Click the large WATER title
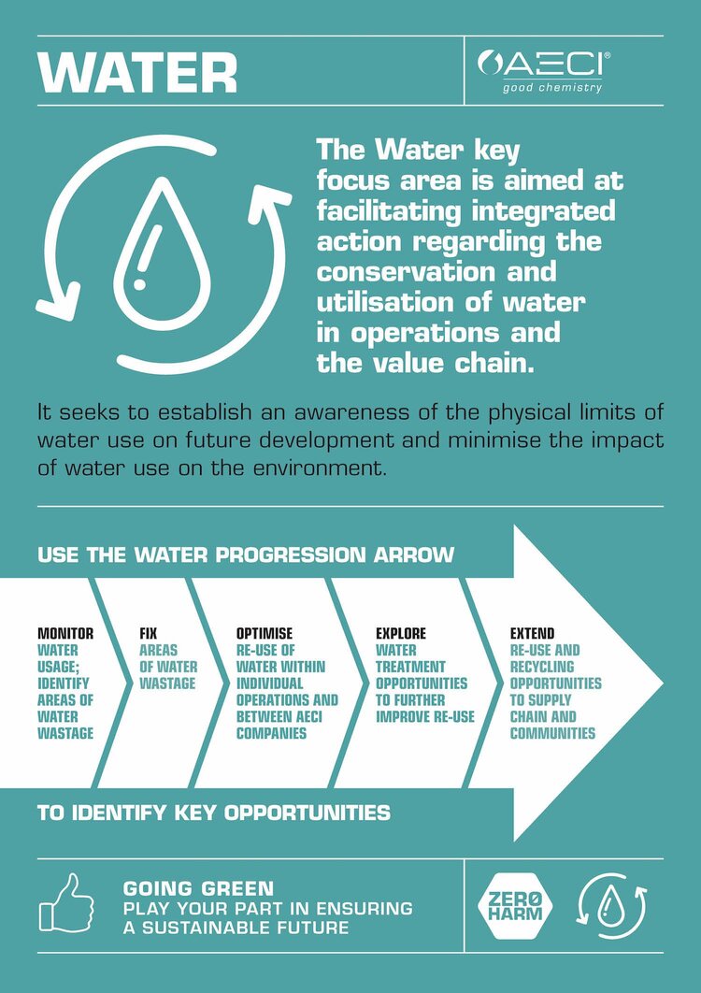[137, 72]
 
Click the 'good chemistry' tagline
[552, 87]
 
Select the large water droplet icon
[162, 252]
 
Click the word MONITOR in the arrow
[65, 633]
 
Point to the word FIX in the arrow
[149, 633]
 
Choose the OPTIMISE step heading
[265, 633]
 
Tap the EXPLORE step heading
[401, 633]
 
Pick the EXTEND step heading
[533, 633]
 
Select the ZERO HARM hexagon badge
[515, 906]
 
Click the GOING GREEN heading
[198, 888]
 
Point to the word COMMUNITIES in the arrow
[552, 733]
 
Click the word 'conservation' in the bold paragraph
[436, 272]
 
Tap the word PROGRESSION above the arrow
[291, 554]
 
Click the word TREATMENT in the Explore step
[410, 667]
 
